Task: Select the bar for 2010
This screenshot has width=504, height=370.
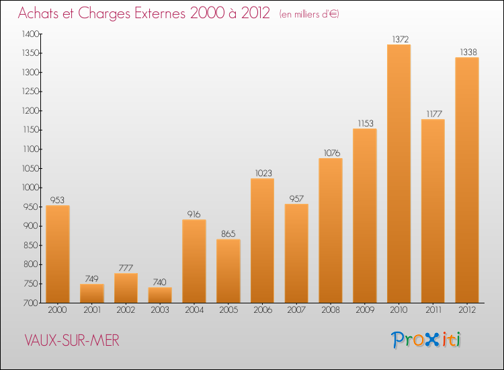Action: tap(398, 174)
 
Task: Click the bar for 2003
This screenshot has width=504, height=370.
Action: tap(160, 295)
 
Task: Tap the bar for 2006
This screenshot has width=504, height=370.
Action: tap(262, 240)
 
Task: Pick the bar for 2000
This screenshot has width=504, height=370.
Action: tap(58, 254)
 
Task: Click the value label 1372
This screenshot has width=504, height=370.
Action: tap(398, 39)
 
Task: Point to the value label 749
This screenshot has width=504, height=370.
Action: tap(91, 279)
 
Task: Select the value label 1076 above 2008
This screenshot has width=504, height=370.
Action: tap(331, 153)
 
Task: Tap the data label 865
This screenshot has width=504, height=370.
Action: tap(228, 233)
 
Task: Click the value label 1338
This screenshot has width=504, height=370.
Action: tap(467, 52)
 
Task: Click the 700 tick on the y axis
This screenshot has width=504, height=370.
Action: tap(32, 303)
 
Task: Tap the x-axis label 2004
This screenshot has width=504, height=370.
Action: tap(194, 311)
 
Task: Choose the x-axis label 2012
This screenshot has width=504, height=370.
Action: tap(467, 311)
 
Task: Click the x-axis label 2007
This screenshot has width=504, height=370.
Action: tap(296, 311)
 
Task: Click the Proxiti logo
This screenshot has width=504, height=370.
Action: tap(427, 340)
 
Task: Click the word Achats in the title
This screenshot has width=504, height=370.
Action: tap(42, 13)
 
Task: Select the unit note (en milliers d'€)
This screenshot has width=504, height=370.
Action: tap(310, 14)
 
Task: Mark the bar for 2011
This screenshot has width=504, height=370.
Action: tap(433, 211)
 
